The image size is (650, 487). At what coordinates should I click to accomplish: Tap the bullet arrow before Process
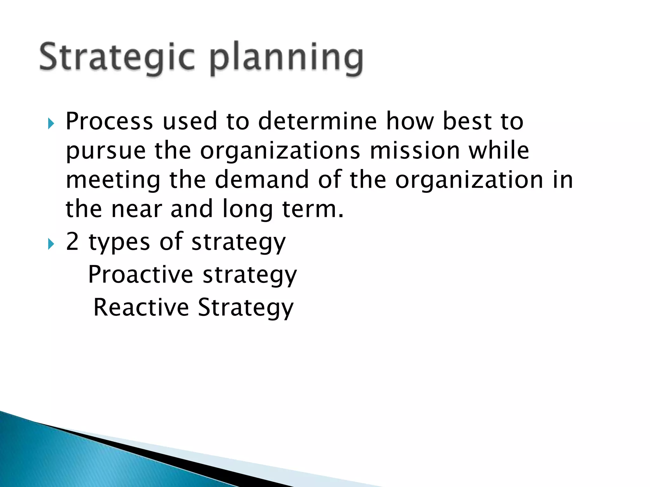51,123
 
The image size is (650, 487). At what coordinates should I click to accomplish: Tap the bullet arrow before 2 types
51,244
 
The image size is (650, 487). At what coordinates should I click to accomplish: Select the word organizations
280,151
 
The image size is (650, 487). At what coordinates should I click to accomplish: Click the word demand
262,179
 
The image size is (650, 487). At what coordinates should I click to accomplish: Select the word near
136,209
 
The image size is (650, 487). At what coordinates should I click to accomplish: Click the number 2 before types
72,242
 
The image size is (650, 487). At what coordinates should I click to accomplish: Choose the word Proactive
140,275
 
